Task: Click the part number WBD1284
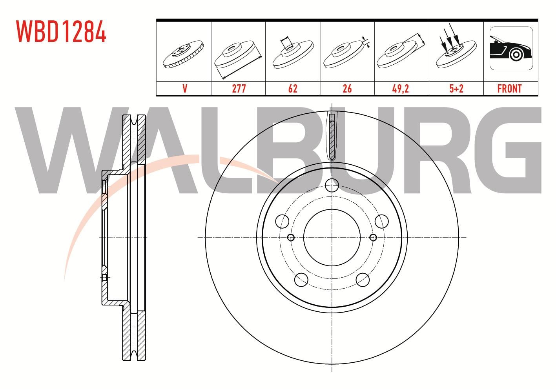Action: (x=61, y=31)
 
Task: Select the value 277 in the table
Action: (x=239, y=89)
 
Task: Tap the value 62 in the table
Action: (x=293, y=89)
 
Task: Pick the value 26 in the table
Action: (x=347, y=89)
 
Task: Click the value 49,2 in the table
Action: (x=400, y=89)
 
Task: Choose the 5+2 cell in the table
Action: (x=456, y=89)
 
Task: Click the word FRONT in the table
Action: (x=509, y=89)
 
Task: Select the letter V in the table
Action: (x=185, y=89)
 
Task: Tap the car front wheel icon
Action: (x=511, y=48)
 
